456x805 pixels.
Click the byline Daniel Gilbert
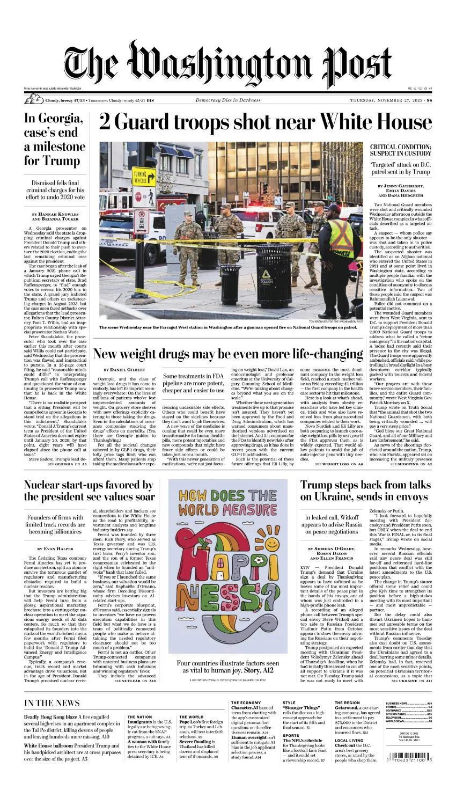pos(121,370)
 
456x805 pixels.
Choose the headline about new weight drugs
pos(228,354)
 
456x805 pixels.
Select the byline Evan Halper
pos(55,549)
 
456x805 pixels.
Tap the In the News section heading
pos(52,703)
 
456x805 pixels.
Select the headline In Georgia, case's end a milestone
pos(55,140)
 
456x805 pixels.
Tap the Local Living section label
pos(349,741)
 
